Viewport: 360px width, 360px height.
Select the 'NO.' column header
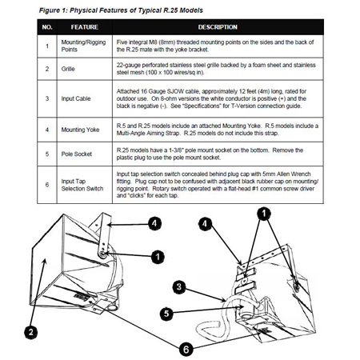click(x=47, y=27)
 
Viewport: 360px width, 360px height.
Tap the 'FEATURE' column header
click(x=85, y=27)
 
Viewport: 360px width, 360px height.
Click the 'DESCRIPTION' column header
click(x=218, y=27)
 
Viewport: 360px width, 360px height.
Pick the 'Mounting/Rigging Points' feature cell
click(x=83, y=46)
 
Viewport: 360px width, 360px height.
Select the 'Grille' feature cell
click(x=68, y=69)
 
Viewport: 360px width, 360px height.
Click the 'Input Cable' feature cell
click(x=76, y=98)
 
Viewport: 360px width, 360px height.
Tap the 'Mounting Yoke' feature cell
click(x=80, y=130)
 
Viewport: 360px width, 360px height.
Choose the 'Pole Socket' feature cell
click(x=77, y=154)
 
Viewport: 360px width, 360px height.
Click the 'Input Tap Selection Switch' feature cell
click(x=82, y=185)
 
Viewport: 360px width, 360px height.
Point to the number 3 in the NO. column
click(x=47, y=98)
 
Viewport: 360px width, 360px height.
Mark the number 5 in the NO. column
click(x=47, y=154)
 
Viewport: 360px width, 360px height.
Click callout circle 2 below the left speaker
click(x=31, y=332)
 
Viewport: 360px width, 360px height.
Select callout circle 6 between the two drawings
click(x=186, y=349)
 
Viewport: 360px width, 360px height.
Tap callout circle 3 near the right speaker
click(x=179, y=287)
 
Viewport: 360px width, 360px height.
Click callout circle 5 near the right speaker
click(x=166, y=314)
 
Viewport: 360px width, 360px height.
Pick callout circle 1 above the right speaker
click(x=264, y=214)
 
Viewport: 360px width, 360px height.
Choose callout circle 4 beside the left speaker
click(x=154, y=223)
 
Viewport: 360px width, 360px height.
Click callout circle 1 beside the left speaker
click(x=158, y=257)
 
